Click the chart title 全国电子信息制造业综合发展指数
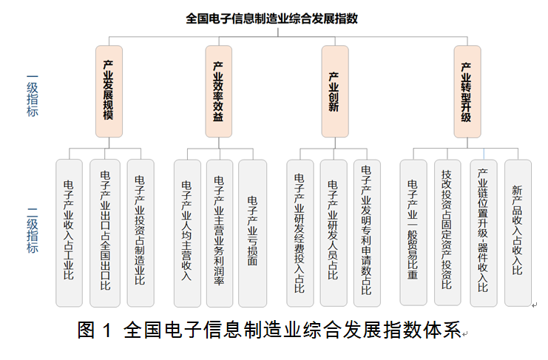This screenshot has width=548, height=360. (x=271, y=18)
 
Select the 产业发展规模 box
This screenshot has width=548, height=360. (x=109, y=91)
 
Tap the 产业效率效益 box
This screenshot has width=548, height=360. (x=219, y=91)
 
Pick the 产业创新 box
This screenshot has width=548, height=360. (x=335, y=91)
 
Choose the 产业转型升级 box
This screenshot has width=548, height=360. (x=467, y=91)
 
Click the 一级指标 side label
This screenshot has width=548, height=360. (x=33, y=95)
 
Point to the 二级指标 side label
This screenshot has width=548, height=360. (x=33, y=231)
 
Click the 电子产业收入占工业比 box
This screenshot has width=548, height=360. (x=70, y=233)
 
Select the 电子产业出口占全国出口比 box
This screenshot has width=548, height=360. (x=105, y=233)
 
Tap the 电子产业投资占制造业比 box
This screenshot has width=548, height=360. (x=141, y=233)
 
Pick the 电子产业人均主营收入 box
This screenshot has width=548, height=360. (x=187, y=233)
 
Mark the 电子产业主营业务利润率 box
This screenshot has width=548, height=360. (x=220, y=233)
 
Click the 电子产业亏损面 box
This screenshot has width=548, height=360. (x=252, y=233)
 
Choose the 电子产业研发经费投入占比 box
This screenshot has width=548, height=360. (x=300, y=233)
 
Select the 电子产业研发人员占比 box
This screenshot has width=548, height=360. (x=334, y=233)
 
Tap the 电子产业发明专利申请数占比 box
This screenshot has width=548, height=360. (x=367, y=233)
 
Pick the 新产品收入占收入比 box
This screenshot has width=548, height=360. (x=518, y=233)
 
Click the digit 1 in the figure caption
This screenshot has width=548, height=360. (x=108, y=330)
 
